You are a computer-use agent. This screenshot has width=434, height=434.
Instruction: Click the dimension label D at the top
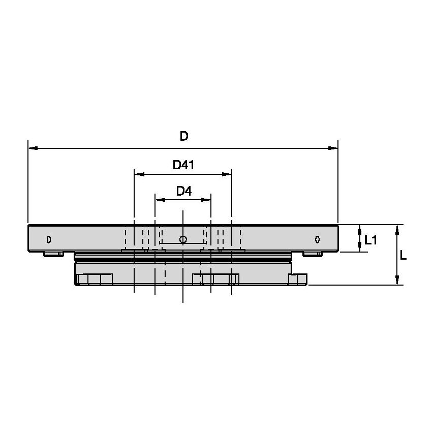tap(184, 136)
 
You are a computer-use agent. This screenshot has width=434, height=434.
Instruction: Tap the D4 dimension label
tap(183, 191)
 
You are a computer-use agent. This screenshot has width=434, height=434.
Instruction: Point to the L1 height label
tap(370, 240)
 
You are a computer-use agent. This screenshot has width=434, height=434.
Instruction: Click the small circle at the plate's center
tap(183, 239)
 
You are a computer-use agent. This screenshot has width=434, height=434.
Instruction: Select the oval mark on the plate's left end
tap(48, 239)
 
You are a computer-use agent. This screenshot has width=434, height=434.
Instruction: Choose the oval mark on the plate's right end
tap(317, 239)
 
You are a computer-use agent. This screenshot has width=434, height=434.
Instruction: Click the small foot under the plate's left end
tap(53, 254)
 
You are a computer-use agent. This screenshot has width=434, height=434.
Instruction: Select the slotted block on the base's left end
tap(95, 279)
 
